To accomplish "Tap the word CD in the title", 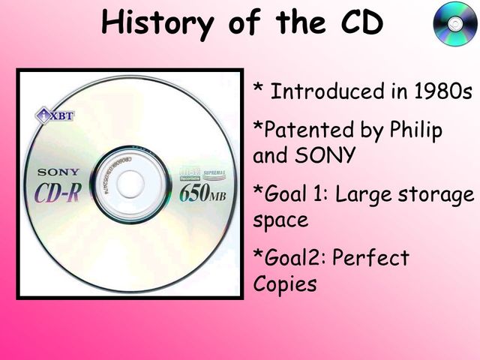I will [x=357, y=23].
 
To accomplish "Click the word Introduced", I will [x=324, y=92].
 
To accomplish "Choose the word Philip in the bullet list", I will [x=415, y=130].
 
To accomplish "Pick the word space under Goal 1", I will [x=280, y=221].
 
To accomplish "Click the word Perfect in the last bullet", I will [x=370, y=259].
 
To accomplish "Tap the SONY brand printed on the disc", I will [x=58, y=172].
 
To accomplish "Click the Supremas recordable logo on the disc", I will [x=198, y=175].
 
